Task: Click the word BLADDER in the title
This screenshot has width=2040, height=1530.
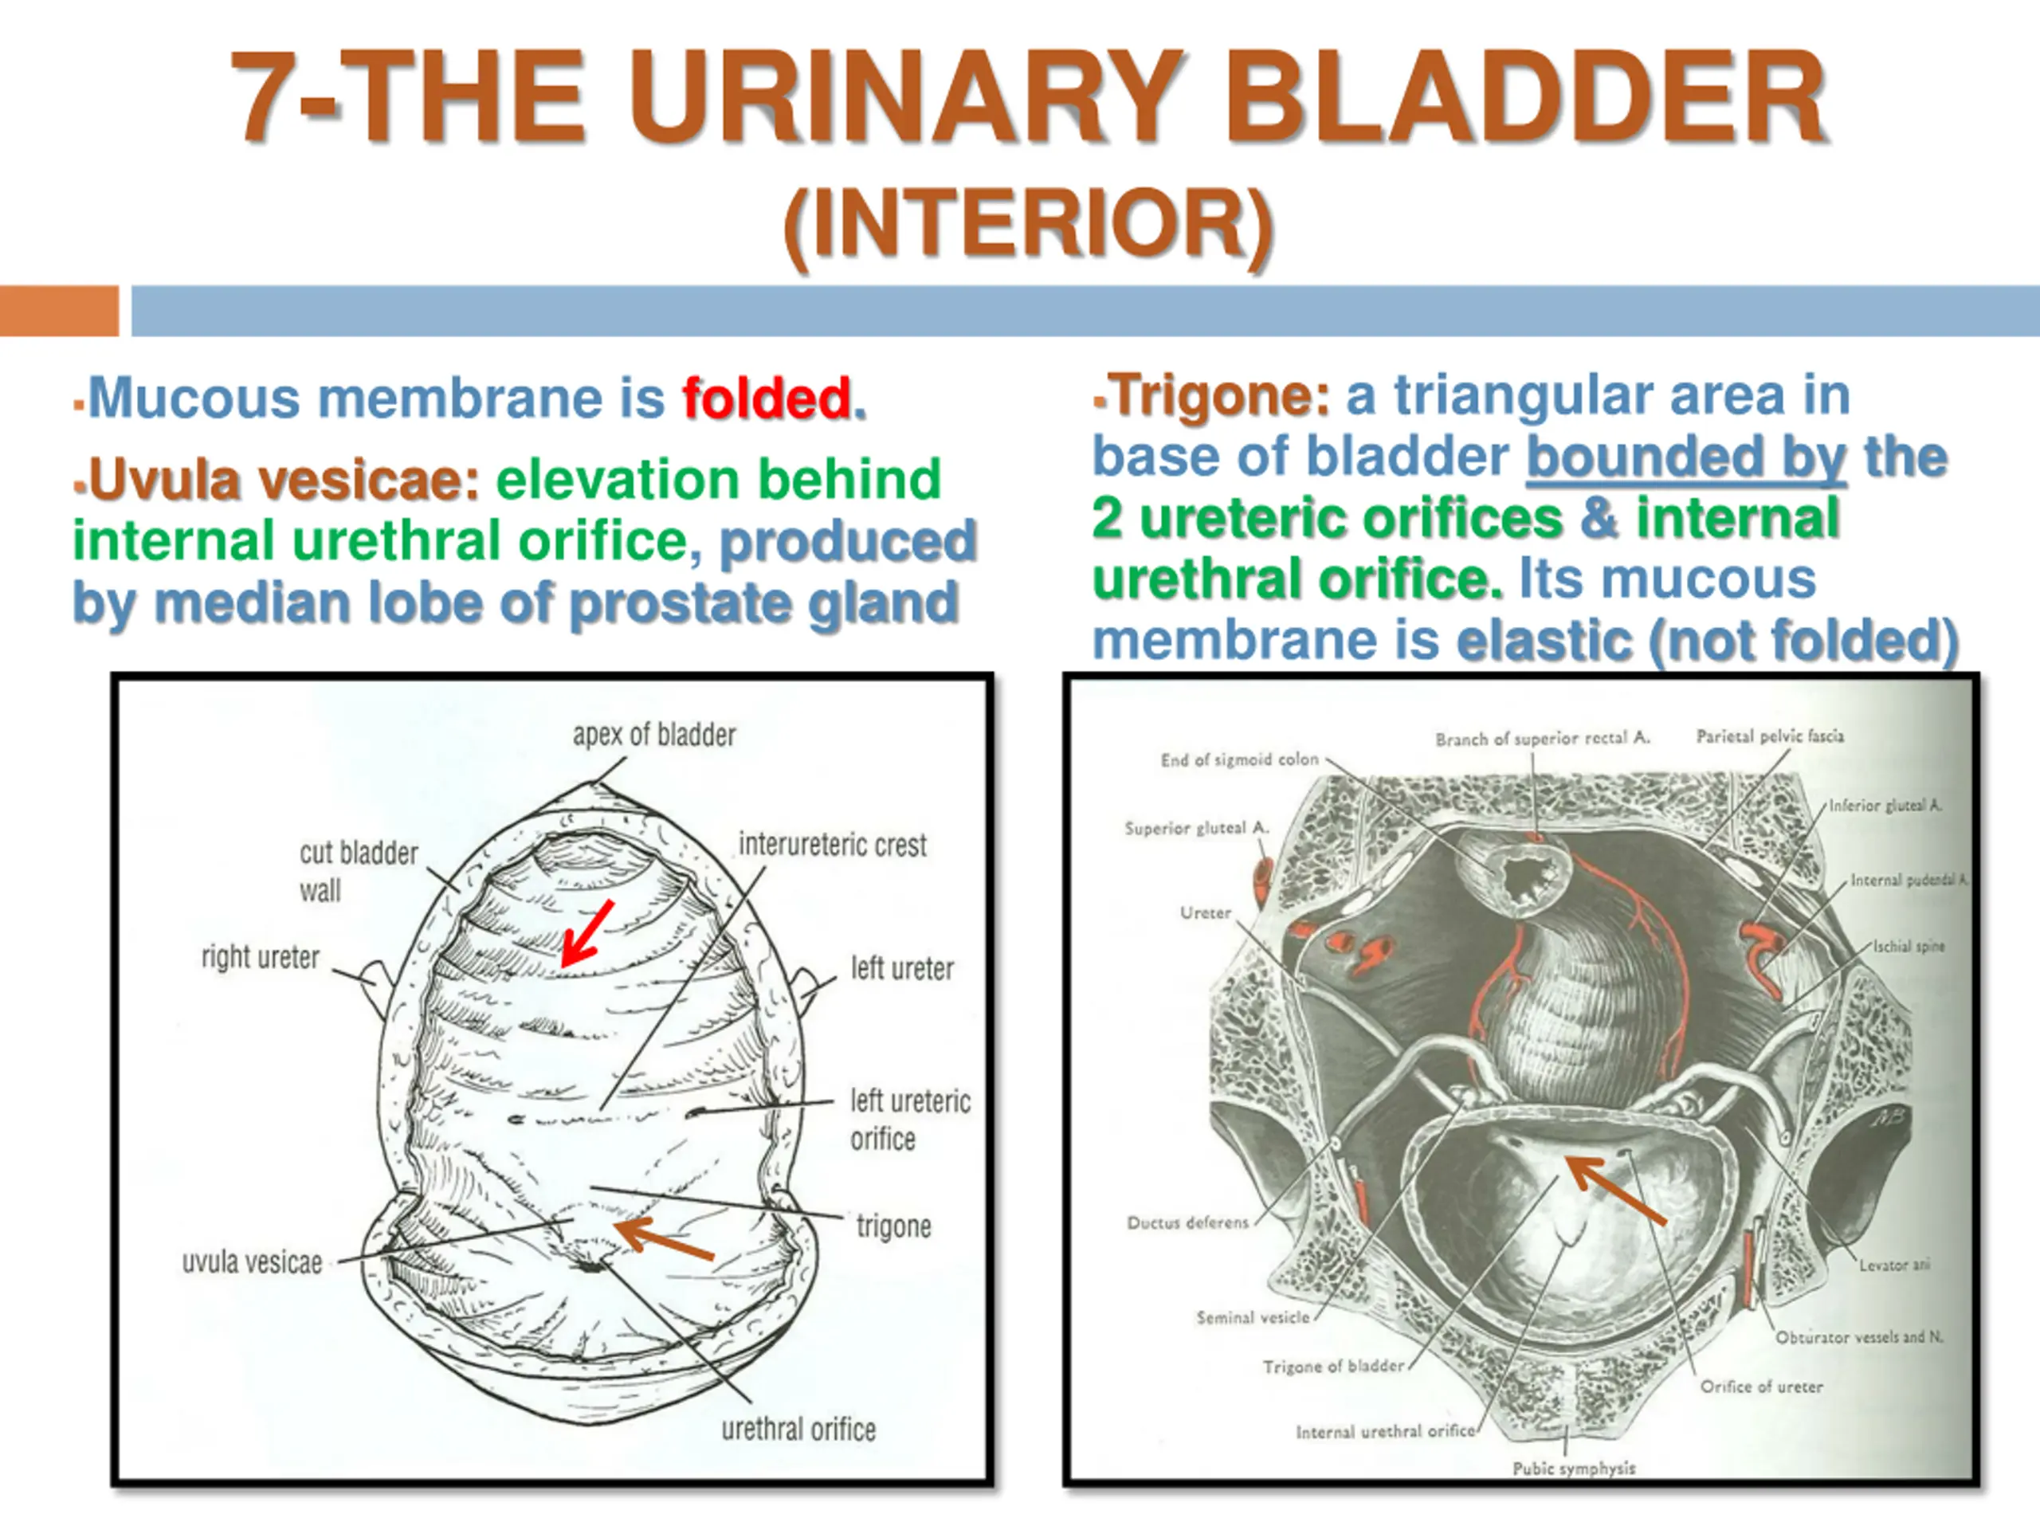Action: pyautogui.click(x=1524, y=97)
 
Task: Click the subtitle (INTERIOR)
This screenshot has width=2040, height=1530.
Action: pyautogui.click(x=1028, y=223)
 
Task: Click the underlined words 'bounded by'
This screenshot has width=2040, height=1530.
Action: pyautogui.click(x=1686, y=457)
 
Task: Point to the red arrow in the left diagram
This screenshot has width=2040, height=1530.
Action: pyautogui.click(x=587, y=933)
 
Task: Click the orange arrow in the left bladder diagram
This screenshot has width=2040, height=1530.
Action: pyautogui.click(x=663, y=1238)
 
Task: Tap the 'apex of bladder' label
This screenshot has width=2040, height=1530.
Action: pyautogui.click(x=654, y=735)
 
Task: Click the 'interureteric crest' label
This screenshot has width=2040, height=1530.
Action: pyautogui.click(x=833, y=844)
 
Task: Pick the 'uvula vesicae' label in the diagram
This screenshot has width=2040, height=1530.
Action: pyautogui.click(x=252, y=1261)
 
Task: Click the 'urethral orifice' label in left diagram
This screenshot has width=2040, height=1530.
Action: pyautogui.click(x=798, y=1429)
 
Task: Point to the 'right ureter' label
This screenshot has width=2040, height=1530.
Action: pyautogui.click(x=260, y=957)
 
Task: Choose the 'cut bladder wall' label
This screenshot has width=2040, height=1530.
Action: pyautogui.click(x=359, y=872)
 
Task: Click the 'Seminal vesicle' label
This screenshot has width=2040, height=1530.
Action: pyautogui.click(x=1253, y=1317)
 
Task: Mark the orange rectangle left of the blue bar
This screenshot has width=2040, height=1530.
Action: pyautogui.click(x=59, y=311)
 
